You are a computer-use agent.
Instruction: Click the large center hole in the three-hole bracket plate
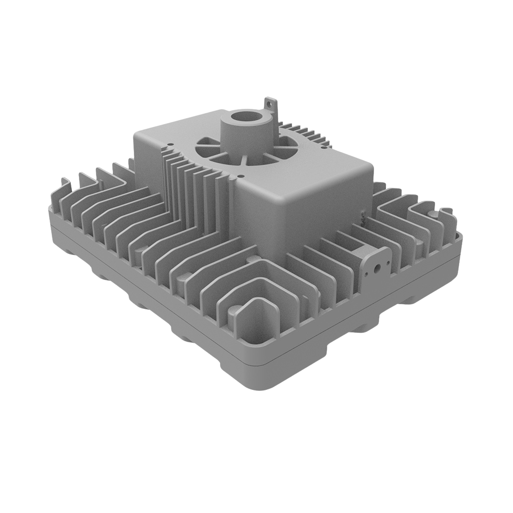coord(378,267)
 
